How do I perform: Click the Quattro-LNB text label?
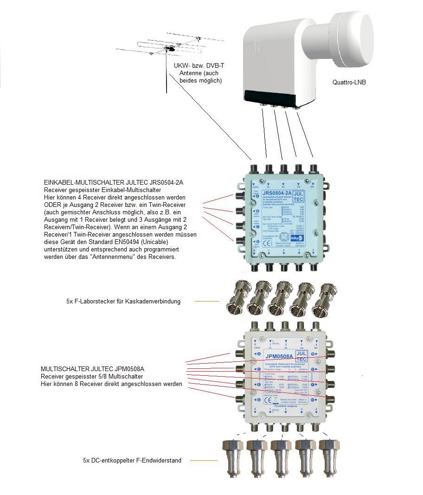349,82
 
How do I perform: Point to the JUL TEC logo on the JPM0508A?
301,356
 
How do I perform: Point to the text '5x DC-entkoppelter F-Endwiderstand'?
132,461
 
